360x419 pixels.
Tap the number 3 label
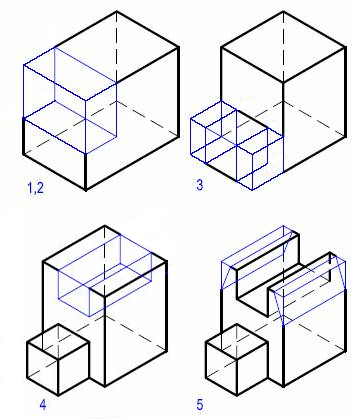[200, 185]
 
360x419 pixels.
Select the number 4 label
[42, 404]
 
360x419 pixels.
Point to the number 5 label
[227, 405]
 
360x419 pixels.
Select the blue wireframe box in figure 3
[229, 140]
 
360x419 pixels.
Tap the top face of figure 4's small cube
[59, 336]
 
